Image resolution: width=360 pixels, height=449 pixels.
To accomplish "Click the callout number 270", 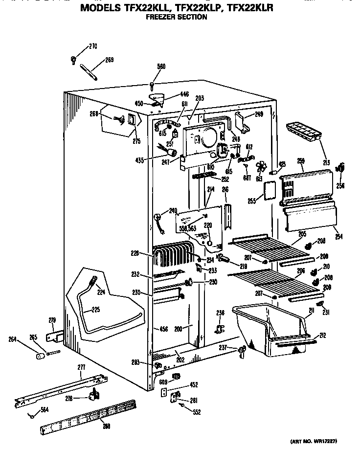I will coord(93,47).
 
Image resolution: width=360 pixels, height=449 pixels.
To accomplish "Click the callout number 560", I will coord(161,67).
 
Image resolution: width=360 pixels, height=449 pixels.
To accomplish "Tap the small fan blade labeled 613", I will coord(260,168).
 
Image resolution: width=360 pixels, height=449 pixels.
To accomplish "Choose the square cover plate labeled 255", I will coord(269,190).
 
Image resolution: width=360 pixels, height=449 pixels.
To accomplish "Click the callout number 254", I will coord(338,237).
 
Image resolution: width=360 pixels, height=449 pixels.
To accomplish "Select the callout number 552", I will coord(196,412).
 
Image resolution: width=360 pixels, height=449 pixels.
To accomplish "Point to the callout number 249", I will coord(259,115).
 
